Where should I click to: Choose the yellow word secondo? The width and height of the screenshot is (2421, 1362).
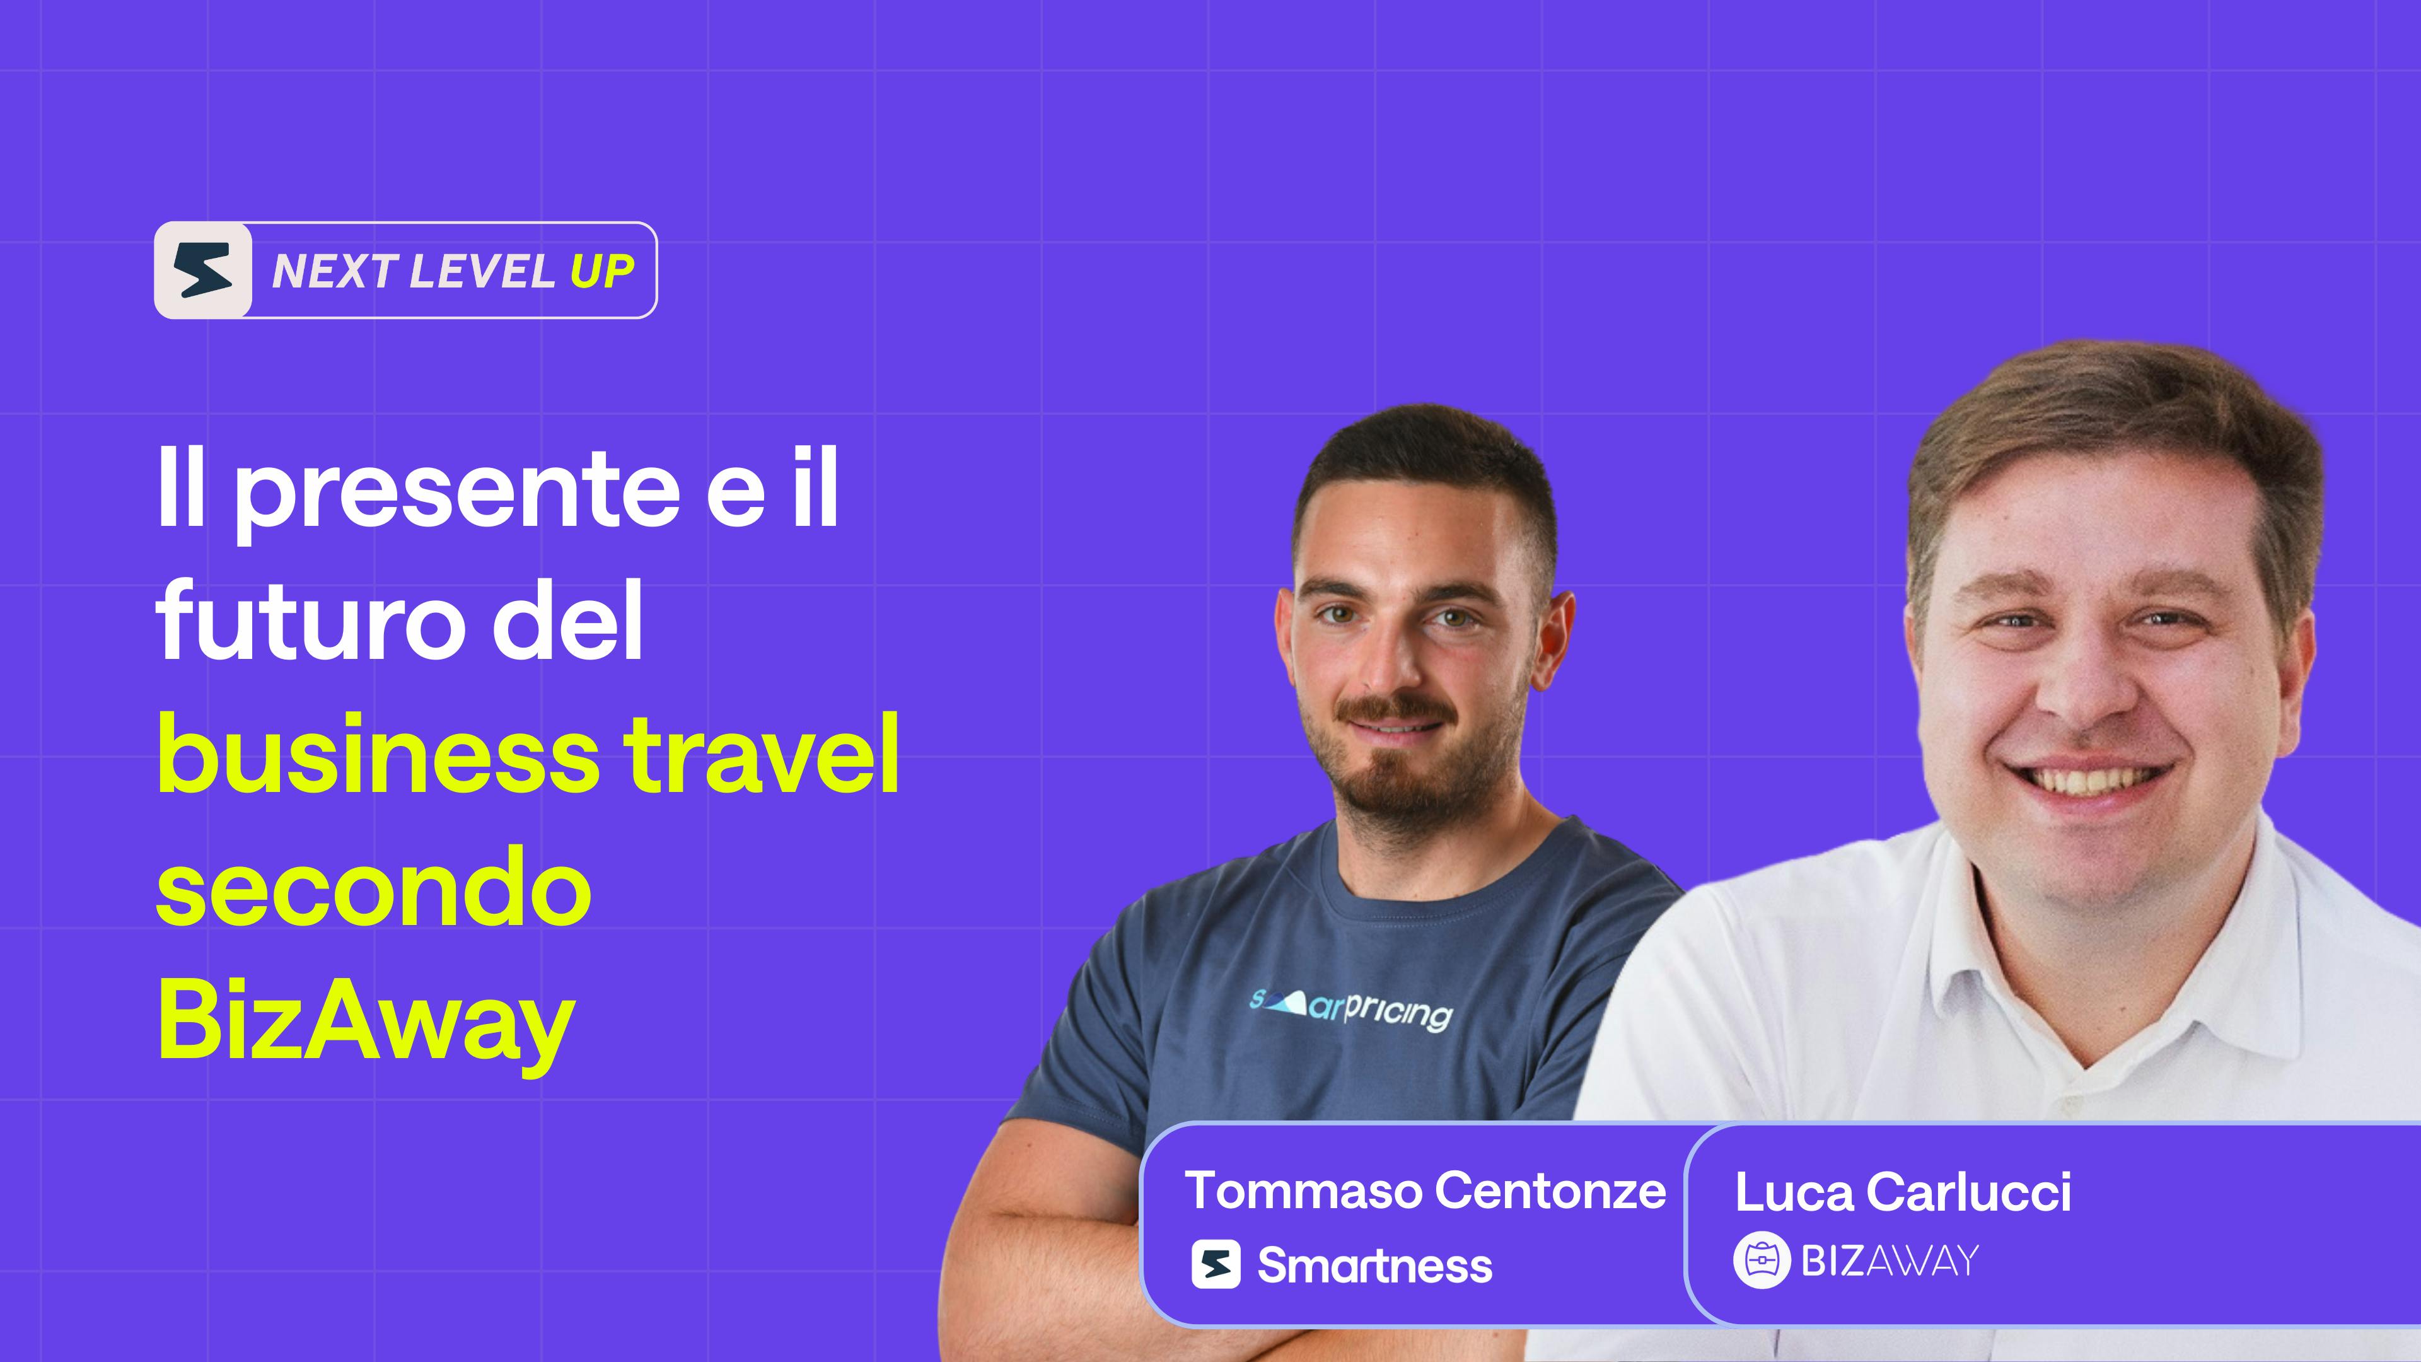(x=373, y=888)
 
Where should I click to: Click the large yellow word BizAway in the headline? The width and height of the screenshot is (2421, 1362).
(x=366, y=1025)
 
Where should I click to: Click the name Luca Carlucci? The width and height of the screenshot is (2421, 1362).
(x=1903, y=1192)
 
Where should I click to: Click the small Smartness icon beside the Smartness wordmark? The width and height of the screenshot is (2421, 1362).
(x=1216, y=1264)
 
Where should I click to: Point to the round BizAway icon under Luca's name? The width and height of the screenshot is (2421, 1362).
(x=1762, y=1260)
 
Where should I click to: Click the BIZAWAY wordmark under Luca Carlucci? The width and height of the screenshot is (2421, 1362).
(x=1889, y=1260)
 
